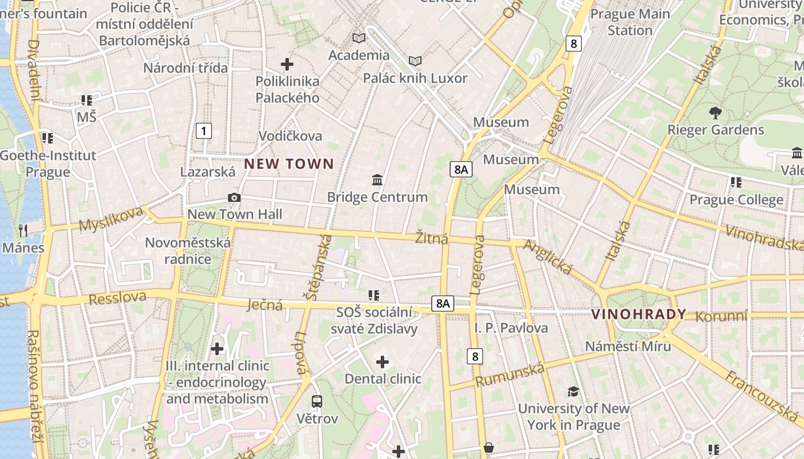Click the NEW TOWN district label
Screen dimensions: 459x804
[x=289, y=164]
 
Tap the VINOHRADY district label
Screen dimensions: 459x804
[x=639, y=314]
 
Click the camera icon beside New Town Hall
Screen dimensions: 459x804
[x=234, y=197]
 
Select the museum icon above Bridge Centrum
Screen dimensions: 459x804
[x=377, y=180]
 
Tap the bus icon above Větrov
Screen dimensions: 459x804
[x=317, y=401]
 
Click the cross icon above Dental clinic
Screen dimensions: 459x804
[x=382, y=361]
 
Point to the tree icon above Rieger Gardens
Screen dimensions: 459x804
[x=715, y=112]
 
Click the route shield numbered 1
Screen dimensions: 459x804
[x=203, y=131]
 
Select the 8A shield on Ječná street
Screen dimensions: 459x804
[x=442, y=304]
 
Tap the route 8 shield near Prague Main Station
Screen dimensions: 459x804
[x=573, y=43]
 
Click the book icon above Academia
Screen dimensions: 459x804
[x=359, y=38]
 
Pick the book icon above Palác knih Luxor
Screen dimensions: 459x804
[x=415, y=60]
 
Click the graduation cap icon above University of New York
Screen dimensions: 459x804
[x=573, y=391]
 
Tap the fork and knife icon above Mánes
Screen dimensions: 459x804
[x=23, y=231]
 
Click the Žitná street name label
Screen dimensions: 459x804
[x=432, y=238]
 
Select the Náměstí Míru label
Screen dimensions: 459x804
[x=628, y=346]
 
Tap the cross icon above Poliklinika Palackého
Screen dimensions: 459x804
[x=287, y=64]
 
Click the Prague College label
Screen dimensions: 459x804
[x=736, y=200]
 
